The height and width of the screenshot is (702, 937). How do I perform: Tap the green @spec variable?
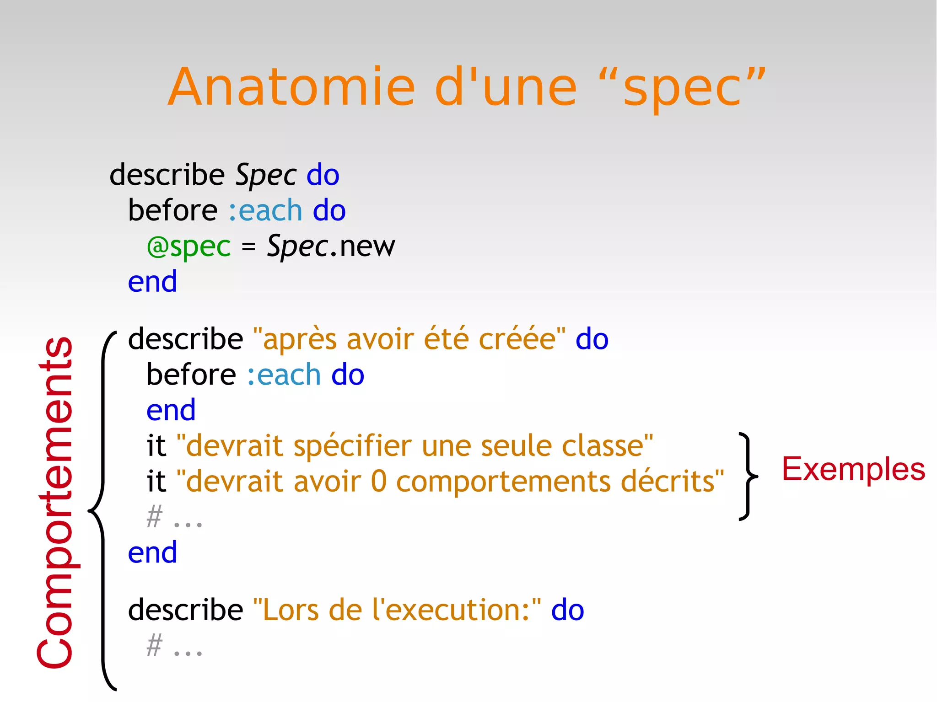point(188,247)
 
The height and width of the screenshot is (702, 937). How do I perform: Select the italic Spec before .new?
point(297,247)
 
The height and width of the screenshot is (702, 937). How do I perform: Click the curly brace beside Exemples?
point(748,476)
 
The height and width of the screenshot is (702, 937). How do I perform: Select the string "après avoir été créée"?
point(409,339)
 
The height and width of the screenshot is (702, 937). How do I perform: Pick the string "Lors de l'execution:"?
point(397,611)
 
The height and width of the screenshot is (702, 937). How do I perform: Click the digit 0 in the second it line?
point(378,482)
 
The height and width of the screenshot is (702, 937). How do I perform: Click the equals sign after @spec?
point(248,247)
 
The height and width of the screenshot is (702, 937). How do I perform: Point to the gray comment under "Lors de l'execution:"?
point(174,646)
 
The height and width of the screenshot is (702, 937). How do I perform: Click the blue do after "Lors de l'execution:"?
point(567,611)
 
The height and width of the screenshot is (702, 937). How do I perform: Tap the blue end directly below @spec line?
point(152,282)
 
